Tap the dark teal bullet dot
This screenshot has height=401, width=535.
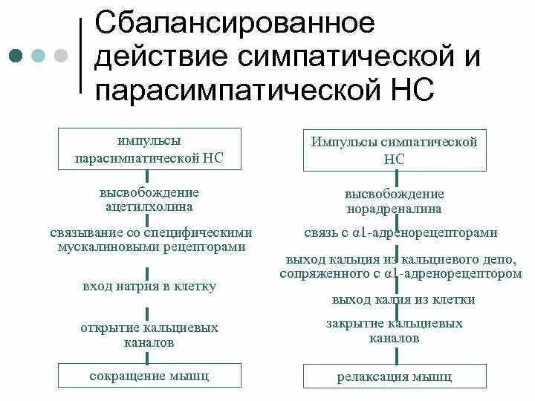point(15,56)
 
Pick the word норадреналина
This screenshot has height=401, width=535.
point(394,209)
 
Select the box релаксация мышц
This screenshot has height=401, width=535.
point(395,377)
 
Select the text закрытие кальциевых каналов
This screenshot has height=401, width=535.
point(395,331)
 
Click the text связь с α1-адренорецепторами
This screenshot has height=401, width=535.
point(401,232)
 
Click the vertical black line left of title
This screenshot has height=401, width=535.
point(80,56)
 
